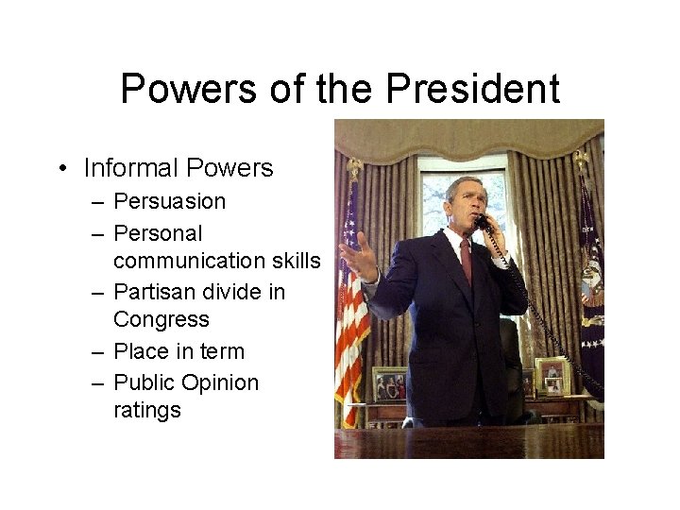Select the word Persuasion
[169, 201]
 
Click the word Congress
[161, 320]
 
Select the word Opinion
[221, 382]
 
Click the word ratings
[146, 411]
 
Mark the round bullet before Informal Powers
[61, 169]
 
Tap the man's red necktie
[466, 260]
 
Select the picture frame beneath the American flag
[389, 383]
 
